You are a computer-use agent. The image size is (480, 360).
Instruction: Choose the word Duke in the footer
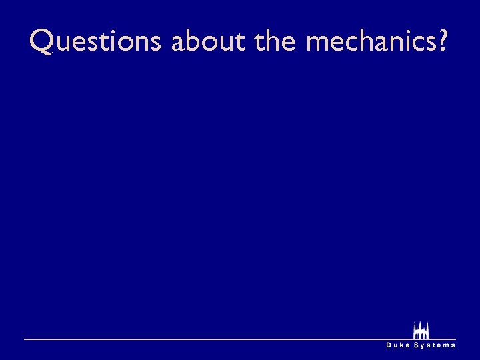tap(399, 345)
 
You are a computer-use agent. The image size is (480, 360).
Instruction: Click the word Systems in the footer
tap(435, 345)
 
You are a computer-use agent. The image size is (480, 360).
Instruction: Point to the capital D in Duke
tap(389, 345)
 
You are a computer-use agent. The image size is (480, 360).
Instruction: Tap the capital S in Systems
tap(417, 345)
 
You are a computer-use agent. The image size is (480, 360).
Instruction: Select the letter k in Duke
tap(403, 345)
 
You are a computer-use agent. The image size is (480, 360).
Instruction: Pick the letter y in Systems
tap(423, 346)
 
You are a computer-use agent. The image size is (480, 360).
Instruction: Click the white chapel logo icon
tap(421, 331)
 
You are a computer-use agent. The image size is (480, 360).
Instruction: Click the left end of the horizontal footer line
tap(26, 339)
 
